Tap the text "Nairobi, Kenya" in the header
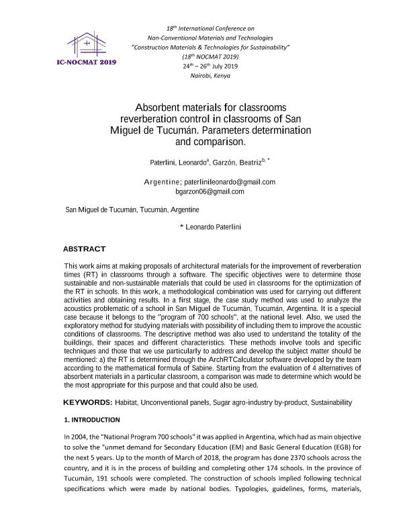click(x=211, y=76)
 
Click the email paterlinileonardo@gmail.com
click(x=230, y=182)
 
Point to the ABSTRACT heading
click(x=84, y=249)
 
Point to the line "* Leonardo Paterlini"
click(x=210, y=226)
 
